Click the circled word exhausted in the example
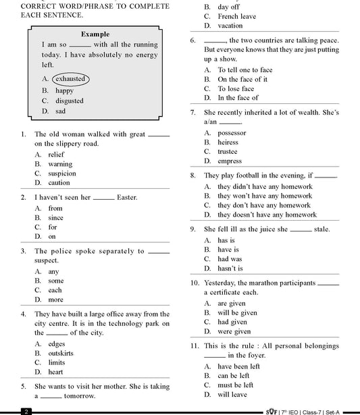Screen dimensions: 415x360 (x=70, y=79)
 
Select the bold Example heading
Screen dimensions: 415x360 (x=95, y=34)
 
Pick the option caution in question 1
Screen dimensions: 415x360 (x=59, y=183)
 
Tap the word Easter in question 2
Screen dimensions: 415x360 (x=127, y=198)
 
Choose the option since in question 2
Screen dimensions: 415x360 (x=55, y=218)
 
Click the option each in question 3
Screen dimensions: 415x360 (x=55, y=290)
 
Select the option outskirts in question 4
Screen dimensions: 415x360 (x=61, y=353)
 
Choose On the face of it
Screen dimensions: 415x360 (x=242, y=79)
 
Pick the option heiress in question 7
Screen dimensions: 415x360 (x=228, y=142)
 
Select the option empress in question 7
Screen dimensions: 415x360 (x=230, y=161)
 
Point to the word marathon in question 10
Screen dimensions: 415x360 (x=267, y=283)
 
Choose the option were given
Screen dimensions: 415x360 (x=234, y=331)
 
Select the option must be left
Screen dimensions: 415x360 (x=235, y=385)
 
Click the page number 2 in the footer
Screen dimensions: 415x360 (x=25, y=410)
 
